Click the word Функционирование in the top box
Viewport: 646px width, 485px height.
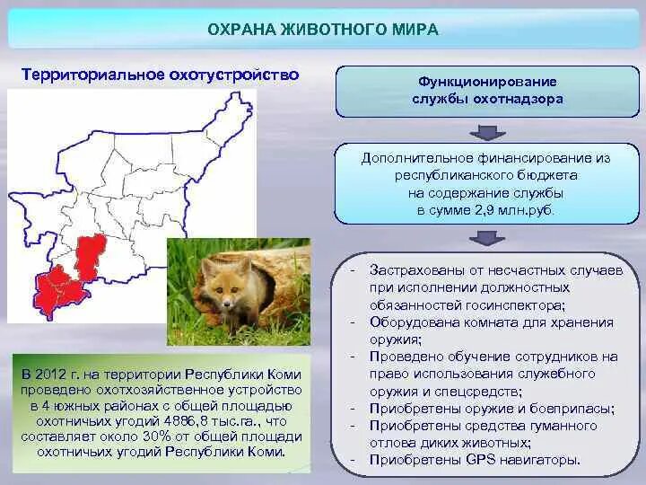(487, 82)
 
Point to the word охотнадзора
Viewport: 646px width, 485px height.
(518, 100)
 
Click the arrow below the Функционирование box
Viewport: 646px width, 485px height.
(487, 132)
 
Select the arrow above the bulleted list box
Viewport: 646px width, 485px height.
(487, 238)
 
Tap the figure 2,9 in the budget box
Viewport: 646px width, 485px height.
(484, 211)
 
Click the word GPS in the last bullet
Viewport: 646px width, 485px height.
(480, 460)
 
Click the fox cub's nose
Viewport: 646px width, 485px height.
(227, 304)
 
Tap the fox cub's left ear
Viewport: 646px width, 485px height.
(207, 269)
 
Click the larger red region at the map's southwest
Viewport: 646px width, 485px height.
(61, 291)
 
